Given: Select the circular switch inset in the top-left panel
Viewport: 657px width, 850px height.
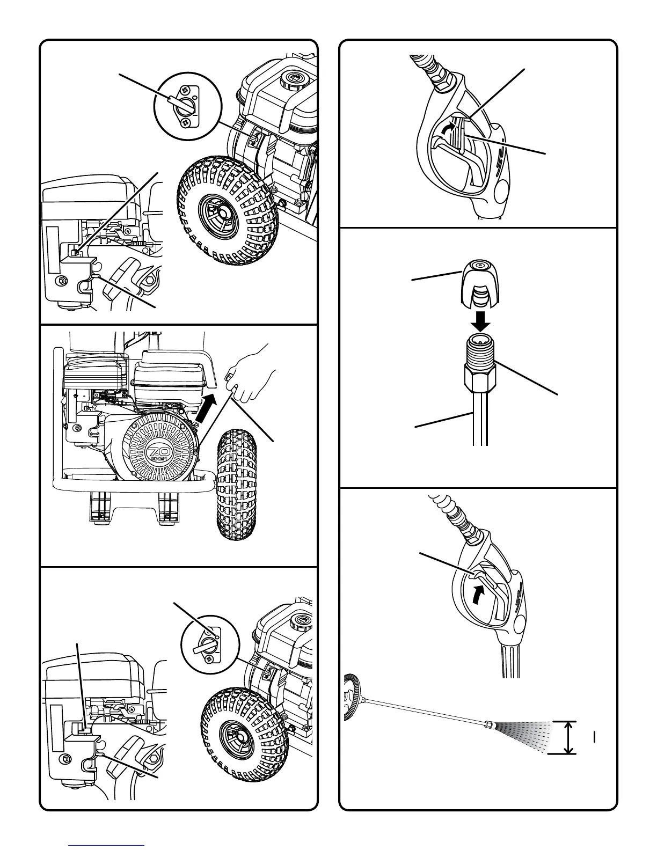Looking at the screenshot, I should [x=188, y=107].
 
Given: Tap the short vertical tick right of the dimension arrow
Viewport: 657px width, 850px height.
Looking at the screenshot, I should [x=595, y=737].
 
